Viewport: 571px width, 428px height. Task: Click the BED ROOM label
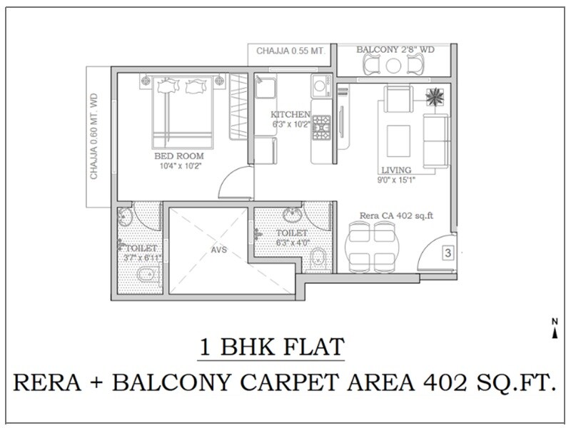[x=179, y=156]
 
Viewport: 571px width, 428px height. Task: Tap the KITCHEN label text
[x=290, y=114]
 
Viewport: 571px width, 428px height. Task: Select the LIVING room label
[x=395, y=170]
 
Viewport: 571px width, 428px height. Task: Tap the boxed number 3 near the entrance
[x=447, y=253]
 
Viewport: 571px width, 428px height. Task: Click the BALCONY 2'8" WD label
[x=393, y=50]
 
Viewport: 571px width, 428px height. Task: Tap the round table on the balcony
[x=393, y=66]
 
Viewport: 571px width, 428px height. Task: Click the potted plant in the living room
[x=433, y=96]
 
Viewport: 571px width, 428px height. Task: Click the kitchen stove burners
[x=322, y=126]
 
